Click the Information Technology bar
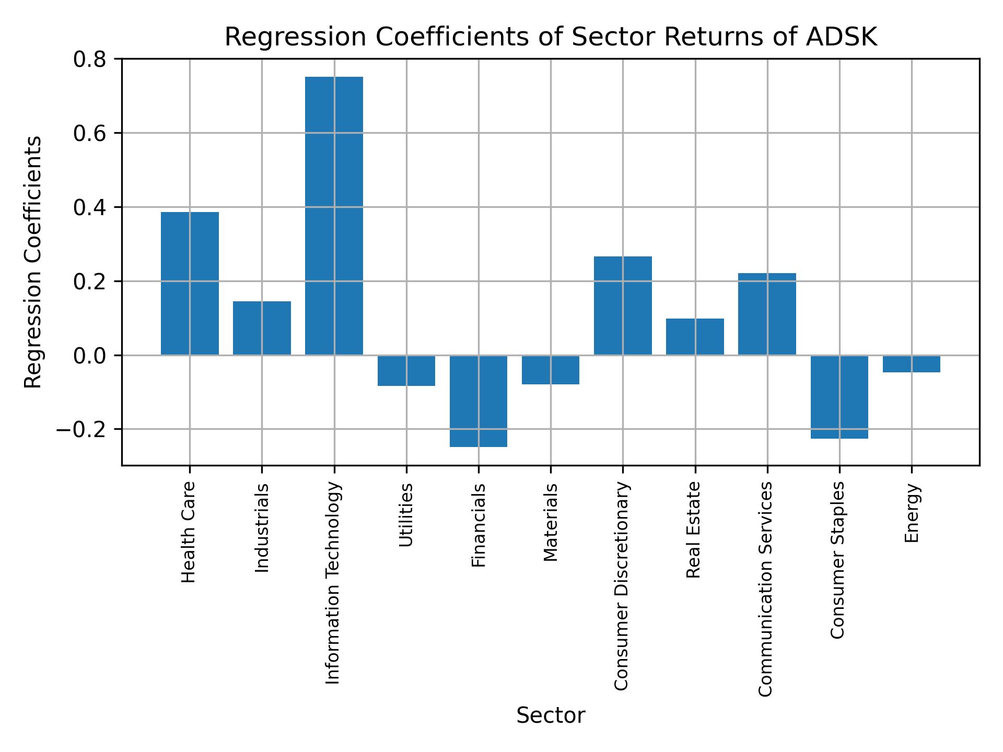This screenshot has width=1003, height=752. coord(334,216)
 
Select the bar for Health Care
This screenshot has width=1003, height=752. coord(190,283)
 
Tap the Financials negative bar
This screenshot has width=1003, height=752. coord(479,401)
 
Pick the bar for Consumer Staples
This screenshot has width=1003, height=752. coord(839,396)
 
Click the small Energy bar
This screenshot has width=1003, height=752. coord(912,363)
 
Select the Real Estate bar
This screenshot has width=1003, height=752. coord(695,336)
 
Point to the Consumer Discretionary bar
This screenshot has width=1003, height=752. coord(623,305)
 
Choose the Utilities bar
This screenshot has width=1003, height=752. coord(406,370)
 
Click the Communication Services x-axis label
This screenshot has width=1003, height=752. coord(765,589)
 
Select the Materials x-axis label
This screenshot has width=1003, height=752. coord(550,522)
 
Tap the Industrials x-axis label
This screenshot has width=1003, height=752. coord(262,527)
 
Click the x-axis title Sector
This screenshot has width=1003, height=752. coord(550,715)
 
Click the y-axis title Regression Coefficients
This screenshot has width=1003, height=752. coord(33,262)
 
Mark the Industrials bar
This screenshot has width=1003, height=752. coord(262,328)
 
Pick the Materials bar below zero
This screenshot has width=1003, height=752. coord(550,370)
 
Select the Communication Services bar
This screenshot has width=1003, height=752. coord(767,314)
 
